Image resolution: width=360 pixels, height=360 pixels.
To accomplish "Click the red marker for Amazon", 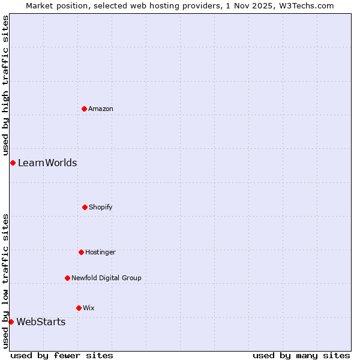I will (84, 109).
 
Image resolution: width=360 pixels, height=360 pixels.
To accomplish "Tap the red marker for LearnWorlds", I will (13, 163).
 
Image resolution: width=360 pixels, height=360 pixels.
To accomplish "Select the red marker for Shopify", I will (85, 207).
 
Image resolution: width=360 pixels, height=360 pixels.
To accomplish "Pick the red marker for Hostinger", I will (81, 252).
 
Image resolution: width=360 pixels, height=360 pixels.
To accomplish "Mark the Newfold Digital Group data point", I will (67, 278).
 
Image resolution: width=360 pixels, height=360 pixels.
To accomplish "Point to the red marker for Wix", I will (79, 308).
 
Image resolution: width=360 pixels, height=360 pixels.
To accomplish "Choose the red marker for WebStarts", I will (11, 322).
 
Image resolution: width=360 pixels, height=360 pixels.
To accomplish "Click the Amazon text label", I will (101, 109).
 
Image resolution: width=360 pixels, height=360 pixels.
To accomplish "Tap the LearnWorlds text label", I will (47, 163).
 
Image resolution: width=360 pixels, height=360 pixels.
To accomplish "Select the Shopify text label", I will (101, 207).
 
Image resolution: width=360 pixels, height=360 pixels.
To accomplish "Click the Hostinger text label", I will (100, 252).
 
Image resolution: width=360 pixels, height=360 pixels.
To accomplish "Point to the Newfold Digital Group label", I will (106, 278).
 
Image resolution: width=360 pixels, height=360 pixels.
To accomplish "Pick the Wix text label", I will (89, 308).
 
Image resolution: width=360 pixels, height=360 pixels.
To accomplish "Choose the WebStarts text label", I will (41, 322).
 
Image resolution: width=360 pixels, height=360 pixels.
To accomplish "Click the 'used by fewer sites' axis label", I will (62, 355).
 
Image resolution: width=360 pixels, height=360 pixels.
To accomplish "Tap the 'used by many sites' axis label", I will (301, 355).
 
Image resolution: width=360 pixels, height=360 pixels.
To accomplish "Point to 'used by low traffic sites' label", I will (5, 281).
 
